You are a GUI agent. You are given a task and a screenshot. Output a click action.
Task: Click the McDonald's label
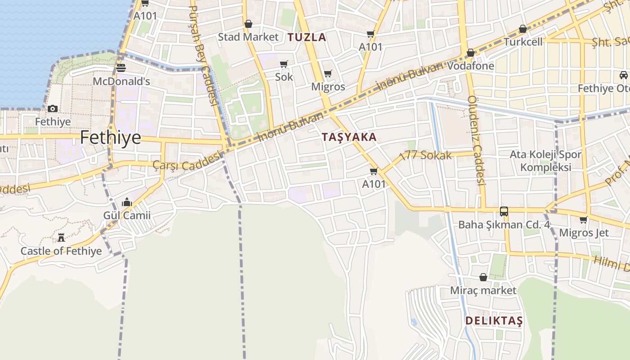click(121, 82)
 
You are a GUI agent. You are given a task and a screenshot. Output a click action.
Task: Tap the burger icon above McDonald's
click(121, 68)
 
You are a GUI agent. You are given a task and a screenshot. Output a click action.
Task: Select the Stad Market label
click(248, 37)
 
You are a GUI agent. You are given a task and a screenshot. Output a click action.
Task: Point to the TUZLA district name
click(307, 37)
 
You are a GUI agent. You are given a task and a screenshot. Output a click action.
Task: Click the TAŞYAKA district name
click(349, 137)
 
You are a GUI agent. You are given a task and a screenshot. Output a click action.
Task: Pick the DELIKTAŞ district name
click(494, 321)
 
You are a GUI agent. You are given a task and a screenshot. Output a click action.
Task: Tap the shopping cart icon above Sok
click(284, 64)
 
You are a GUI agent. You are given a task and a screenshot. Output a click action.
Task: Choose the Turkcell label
click(523, 42)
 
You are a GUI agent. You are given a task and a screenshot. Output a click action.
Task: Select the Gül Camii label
click(127, 216)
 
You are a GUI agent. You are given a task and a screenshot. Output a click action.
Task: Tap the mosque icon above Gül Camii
click(127, 202)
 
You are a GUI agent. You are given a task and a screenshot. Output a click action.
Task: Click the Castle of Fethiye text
click(61, 251)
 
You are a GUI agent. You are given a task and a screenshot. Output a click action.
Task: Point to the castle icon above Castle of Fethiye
click(61, 237)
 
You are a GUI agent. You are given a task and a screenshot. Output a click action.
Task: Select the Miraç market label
click(483, 290)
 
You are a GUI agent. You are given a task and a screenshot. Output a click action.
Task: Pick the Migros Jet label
click(584, 233)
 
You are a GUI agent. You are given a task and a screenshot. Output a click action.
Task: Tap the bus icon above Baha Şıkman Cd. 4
click(504, 211)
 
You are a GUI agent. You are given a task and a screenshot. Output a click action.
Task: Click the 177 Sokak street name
click(425, 156)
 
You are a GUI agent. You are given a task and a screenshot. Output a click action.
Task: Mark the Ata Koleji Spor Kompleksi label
click(545, 161)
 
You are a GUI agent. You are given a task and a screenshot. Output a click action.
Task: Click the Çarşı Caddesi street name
click(188, 161)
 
